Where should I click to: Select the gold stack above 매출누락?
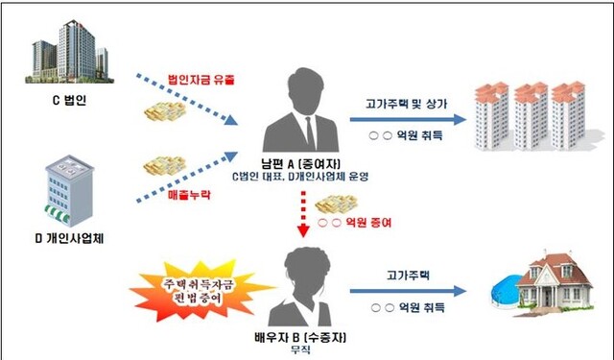[162, 165]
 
